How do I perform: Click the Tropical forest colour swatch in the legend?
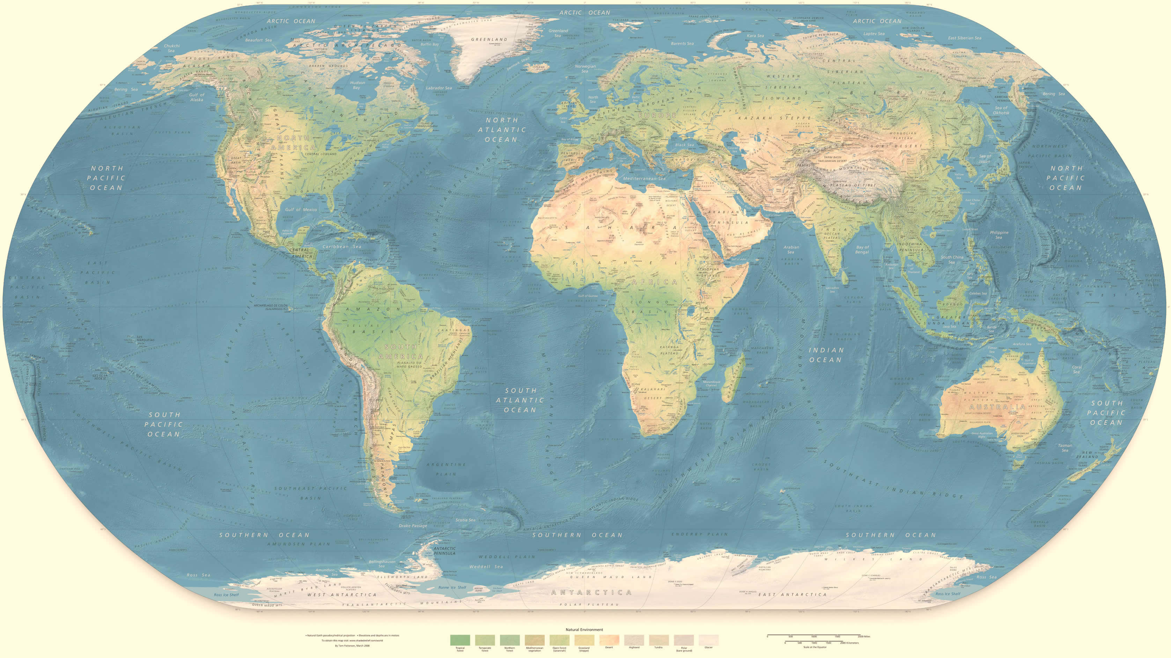click(460, 640)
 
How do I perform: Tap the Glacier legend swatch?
click(708, 640)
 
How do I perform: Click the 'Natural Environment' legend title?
click(584, 629)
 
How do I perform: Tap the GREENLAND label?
click(489, 39)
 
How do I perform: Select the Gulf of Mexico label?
click(301, 209)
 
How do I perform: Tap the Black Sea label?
click(684, 145)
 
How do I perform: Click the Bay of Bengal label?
click(862, 249)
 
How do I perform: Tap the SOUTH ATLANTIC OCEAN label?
click(520, 400)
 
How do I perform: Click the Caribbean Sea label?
click(341, 246)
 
